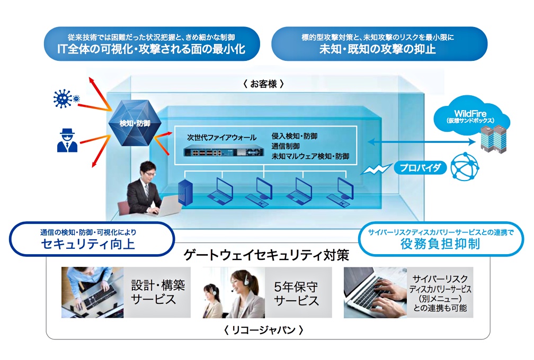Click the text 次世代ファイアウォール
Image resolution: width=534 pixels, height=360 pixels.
click(221, 137)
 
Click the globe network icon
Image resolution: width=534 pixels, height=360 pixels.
click(465, 167)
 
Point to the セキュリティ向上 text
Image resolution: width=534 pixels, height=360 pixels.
click(91, 244)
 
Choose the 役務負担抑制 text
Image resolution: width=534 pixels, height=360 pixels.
click(440, 245)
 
